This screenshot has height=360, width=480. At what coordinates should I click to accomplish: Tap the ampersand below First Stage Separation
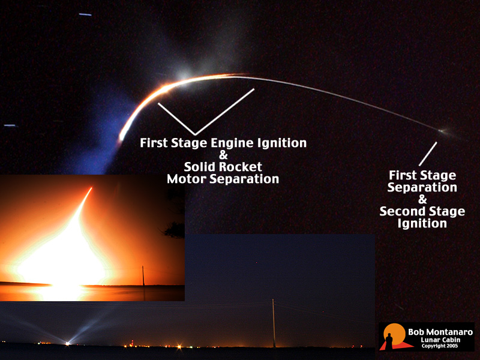click(x=422, y=200)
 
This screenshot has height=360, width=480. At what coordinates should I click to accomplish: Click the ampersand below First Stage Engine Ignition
click(x=223, y=155)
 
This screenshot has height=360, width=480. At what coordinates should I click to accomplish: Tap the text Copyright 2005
click(x=440, y=346)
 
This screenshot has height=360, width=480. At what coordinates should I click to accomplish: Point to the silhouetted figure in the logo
click(x=389, y=342)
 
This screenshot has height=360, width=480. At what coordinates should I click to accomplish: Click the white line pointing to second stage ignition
click(x=428, y=154)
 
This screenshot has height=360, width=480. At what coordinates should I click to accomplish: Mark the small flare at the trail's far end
click(x=442, y=131)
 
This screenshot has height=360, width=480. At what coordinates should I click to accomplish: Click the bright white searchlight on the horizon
click(x=67, y=343)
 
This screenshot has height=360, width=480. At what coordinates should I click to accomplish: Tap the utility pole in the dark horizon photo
click(x=274, y=323)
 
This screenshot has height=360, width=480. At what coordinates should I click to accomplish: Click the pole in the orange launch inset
click(x=143, y=276)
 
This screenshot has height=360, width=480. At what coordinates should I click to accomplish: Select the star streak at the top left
click(x=85, y=14)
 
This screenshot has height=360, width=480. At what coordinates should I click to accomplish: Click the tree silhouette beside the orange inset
click(x=175, y=230)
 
